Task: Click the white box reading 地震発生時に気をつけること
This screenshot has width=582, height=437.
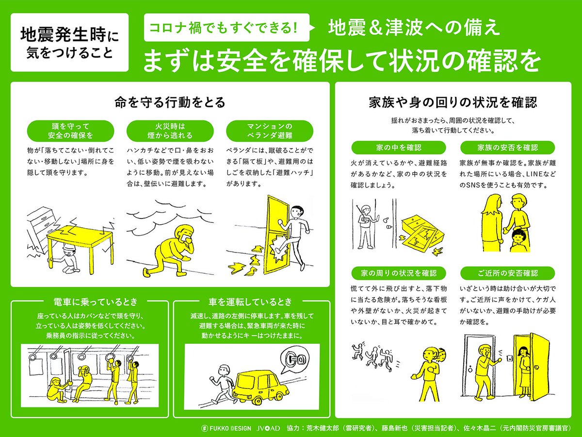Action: (69, 42)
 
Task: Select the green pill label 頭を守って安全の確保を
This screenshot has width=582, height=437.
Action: (70, 131)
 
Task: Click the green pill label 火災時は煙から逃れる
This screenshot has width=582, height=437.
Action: (170, 131)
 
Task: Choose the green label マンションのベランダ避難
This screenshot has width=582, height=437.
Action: (270, 131)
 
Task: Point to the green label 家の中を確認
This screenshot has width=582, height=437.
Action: (399, 148)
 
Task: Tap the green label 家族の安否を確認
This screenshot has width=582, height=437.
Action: (507, 148)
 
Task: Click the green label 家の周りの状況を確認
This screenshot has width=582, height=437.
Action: (399, 273)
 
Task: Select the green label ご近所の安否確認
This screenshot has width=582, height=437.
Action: (507, 273)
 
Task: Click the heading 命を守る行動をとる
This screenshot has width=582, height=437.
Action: (170, 102)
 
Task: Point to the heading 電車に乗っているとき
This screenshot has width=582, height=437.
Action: (96, 302)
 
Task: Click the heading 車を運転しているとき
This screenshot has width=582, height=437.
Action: (250, 302)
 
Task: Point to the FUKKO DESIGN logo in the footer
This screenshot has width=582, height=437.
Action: (226, 428)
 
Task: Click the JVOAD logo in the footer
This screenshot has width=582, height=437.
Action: (268, 428)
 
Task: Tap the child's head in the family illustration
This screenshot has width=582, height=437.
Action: (517, 237)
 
